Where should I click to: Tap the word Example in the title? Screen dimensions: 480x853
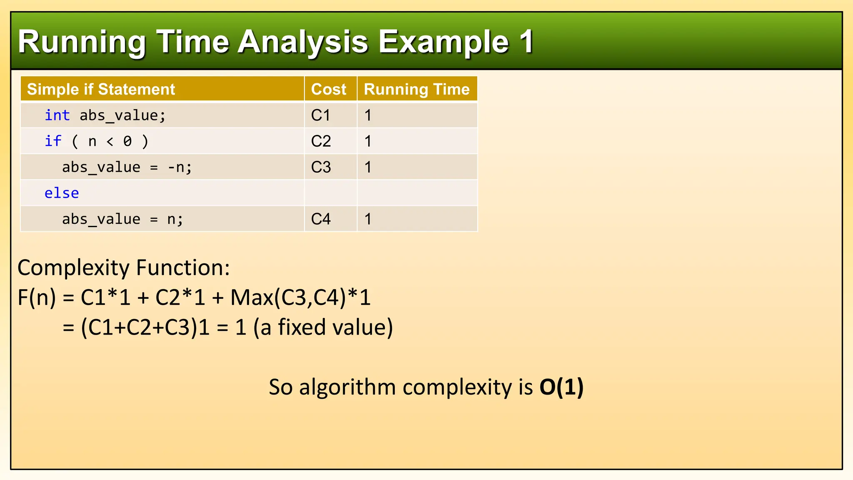pos(443,42)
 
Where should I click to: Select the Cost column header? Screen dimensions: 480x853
pos(329,89)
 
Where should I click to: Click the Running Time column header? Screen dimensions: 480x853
pos(417,89)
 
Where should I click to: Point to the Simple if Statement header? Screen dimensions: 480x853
pos(101,89)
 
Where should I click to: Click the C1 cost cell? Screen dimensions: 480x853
pos(321,115)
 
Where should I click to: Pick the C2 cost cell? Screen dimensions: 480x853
pos(321,141)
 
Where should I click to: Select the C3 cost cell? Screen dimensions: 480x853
pos(321,167)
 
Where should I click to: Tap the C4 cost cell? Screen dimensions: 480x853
pos(321,219)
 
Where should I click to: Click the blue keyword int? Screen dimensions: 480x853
pos(57,115)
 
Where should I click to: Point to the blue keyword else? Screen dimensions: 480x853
pos(62,193)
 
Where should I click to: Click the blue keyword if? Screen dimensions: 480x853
pos(53,141)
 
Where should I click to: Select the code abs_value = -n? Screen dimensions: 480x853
pos(127,167)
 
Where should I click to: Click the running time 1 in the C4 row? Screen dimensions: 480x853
pos(368,219)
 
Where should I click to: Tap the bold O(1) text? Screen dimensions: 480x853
pos(561,387)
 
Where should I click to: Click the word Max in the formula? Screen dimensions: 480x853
pos(252,298)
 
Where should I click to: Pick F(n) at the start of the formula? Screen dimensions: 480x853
pos(37,298)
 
